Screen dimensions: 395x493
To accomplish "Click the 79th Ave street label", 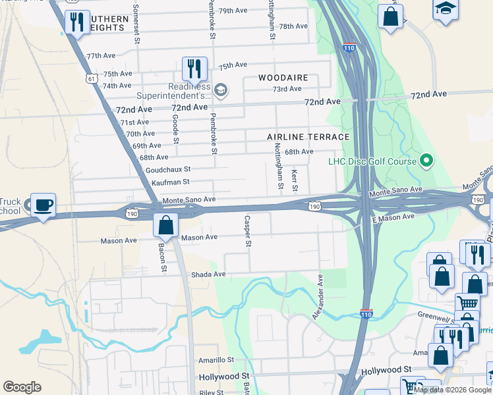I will [232, 11].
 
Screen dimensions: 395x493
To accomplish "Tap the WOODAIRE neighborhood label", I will [283, 78].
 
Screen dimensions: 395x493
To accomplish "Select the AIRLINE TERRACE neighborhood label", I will [308, 137].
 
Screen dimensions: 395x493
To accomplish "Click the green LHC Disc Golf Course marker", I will [426, 160].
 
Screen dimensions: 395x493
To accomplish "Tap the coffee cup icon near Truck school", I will [43, 205].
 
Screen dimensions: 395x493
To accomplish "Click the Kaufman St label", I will [170, 182].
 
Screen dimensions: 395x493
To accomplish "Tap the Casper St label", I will [248, 232].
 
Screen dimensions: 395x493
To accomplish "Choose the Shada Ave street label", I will [208, 274].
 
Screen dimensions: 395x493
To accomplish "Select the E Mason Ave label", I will [393, 217].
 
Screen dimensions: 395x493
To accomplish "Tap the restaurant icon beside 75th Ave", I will [194, 68].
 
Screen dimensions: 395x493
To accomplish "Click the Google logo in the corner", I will [22, 387].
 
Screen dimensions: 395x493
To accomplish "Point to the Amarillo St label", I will [216, 361].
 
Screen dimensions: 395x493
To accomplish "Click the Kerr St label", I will [295, 180].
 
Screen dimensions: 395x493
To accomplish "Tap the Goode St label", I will [175, 128].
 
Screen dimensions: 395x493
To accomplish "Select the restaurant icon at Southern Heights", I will [76, 23].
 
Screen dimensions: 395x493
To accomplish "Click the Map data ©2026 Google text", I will [453, 390].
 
